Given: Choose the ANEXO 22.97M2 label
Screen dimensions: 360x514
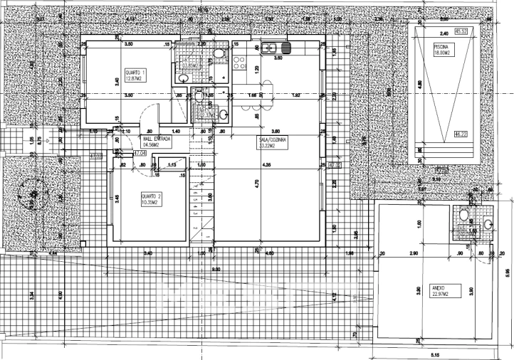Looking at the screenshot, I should pyautogui.click(x=443, y=290).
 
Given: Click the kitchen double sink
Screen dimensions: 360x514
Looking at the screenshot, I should pyautogui.click(x=269, y=48).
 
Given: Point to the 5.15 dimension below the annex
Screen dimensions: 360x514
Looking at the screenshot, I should pyautogui.click(x=434, y=353).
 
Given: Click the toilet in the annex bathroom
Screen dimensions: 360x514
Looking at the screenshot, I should pyautogui.click(x=463, y=213).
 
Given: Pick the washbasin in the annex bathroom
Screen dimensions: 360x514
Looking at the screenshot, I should pyautogui.click(x=488, y=225).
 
